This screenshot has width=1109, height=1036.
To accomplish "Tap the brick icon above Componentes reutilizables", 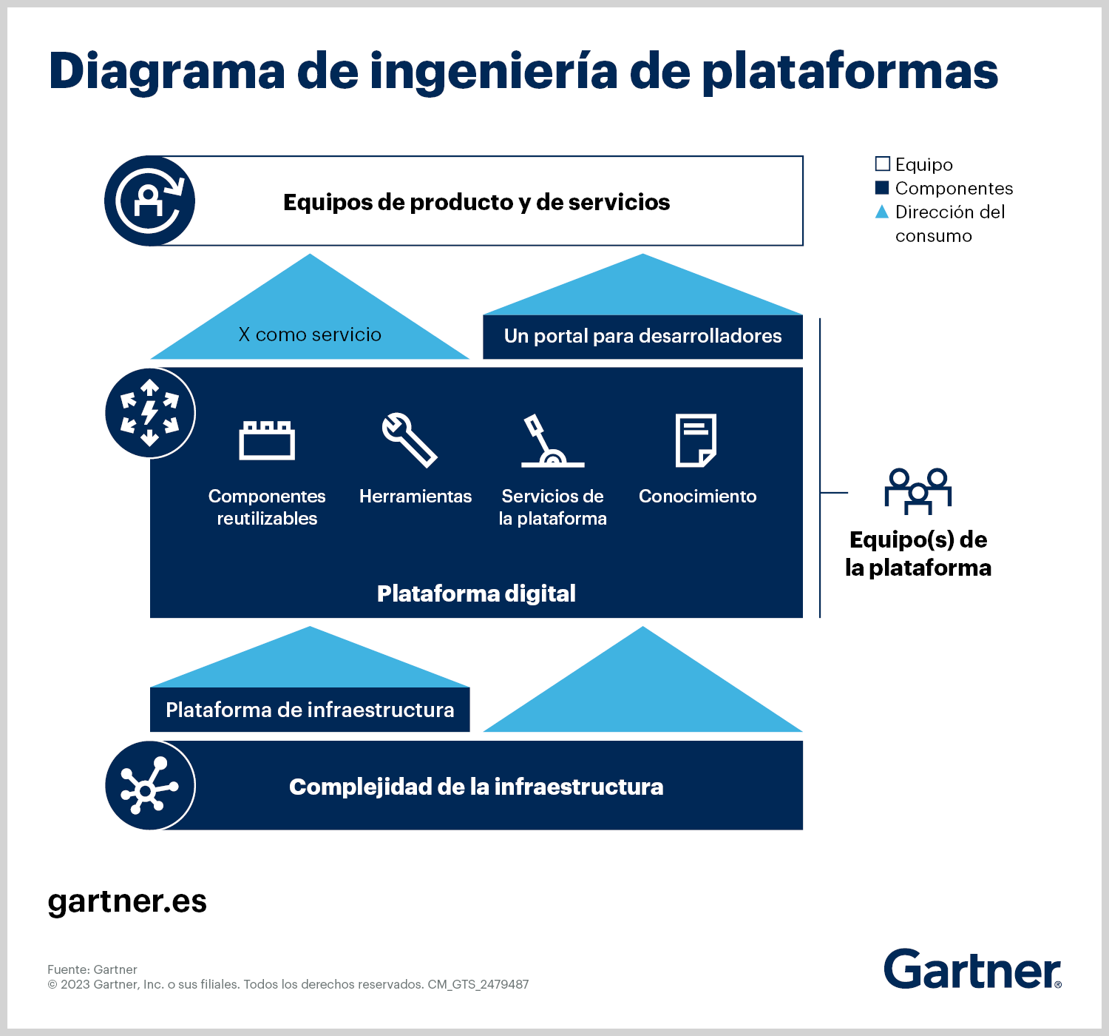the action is pos(267,440).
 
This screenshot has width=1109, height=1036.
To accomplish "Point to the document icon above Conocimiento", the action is pos(696,440).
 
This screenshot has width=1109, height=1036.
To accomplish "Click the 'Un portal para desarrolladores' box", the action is pos(642,337).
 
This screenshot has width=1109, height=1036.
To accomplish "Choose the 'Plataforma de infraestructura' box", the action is pos(310,710).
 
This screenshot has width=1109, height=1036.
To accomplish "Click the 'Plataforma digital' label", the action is pos(476,593).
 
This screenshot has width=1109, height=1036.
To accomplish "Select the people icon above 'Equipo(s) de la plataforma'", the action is pos(918,491).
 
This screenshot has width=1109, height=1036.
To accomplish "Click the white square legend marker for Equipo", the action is pos(882,164).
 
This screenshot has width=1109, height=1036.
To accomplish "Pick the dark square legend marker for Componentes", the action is pos(882,187).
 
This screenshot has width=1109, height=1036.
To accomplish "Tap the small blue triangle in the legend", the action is pos(882,212).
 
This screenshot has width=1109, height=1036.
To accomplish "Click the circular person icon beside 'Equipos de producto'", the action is pos(149,201).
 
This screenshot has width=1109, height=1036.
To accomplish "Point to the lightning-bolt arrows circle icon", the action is pos(149,413).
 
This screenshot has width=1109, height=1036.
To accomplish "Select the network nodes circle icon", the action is pos(149,786).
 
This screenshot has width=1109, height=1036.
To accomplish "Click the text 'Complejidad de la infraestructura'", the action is pos(476,787).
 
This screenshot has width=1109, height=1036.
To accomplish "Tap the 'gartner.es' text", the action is pos(127,902).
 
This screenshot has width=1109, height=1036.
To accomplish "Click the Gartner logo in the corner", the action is pos(973,969).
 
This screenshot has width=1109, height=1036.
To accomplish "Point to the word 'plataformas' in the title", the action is pos(850,71).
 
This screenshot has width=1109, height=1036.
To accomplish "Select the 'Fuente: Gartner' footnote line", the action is pos(92,969).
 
